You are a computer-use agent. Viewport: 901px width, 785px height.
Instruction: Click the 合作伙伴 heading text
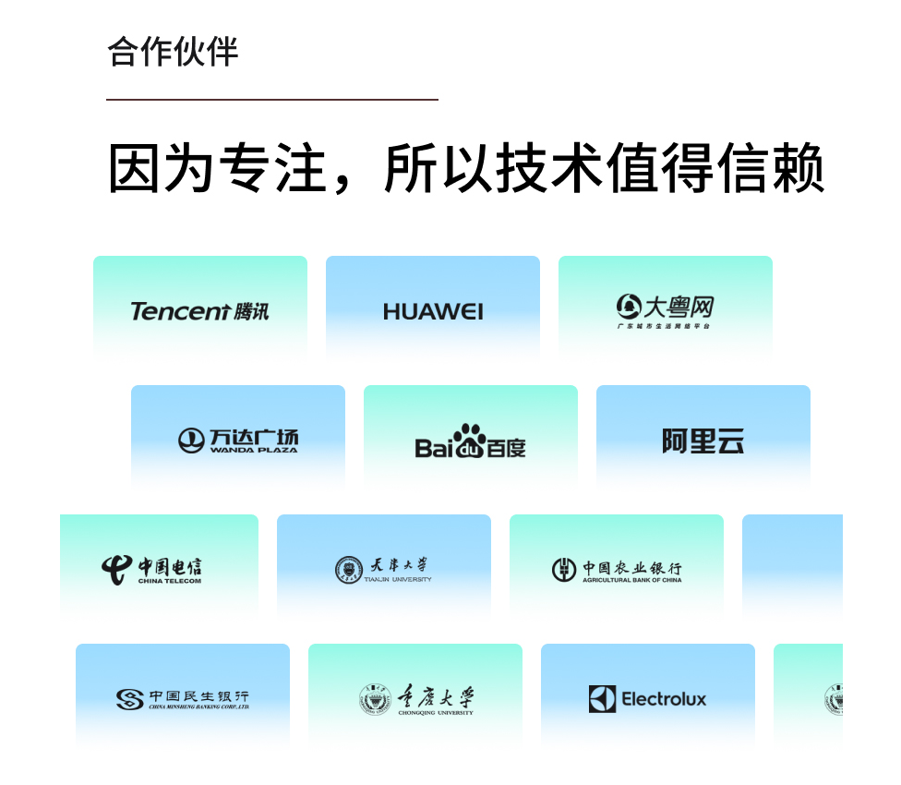pyautogui.click(x=173, y=52)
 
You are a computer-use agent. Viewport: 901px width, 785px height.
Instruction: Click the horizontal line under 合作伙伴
pyautogui.click(x=271, y=99)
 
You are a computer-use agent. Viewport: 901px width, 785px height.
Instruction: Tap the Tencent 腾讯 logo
pyautogui.click(x=199, y=311)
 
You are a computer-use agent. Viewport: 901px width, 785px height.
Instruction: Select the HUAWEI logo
pyautogui.click(x=433, y=312)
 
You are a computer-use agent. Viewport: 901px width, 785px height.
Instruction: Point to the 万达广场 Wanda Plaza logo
pyautogui.click(x=238, y=441)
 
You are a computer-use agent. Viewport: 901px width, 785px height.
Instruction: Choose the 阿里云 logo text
pyautogui.click(x=703, y=441)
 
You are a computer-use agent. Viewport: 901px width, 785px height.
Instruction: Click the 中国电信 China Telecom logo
pyautogui.click(x=152, y=569)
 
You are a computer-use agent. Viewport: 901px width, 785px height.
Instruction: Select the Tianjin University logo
pyautogui.click(x=383, y=569)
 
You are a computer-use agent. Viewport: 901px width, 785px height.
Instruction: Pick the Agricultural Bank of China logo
pyautogui.click(x=617, y=570)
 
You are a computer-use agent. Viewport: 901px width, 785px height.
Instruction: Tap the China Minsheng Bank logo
pyautogui.click(x=183, y=699)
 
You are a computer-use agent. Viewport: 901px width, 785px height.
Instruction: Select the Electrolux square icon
pyautogui.click(x=602, y=699)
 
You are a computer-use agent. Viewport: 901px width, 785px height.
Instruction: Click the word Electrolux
pyautogui.click(x=664, y=699)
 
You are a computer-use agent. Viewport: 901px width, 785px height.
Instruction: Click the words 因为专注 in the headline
pyautogui.click(x=218, y=168)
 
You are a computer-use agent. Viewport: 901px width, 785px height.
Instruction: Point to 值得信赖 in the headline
pyautogui.click(x=714, y=168)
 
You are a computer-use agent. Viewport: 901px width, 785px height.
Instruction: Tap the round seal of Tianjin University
pyautogui.click(x=347, y=570)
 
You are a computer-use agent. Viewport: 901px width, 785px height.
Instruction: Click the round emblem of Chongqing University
pyautogui.click(x=375, y=700)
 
